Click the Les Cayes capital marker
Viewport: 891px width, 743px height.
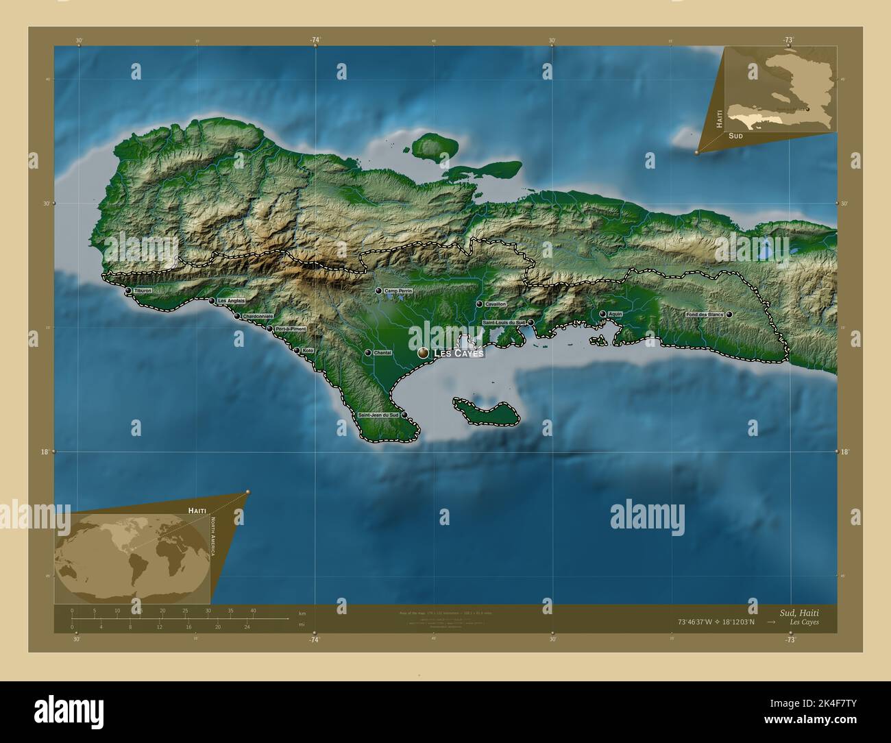[423, 352]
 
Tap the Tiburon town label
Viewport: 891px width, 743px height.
[143, 291]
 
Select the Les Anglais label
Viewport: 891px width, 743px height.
[231, 301]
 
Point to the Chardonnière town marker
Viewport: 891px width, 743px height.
[237, 316]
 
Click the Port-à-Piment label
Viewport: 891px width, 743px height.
[291, 329]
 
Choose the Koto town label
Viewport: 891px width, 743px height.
[308, 350]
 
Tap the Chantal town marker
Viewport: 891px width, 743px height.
[368, 353]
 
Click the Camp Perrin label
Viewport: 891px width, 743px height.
[398, 291]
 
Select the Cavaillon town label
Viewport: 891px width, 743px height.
[495, 304]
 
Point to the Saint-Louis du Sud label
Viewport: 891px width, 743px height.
[504, 322]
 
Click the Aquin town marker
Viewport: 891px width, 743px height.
[602, 314]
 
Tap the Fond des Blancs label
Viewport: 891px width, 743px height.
[705, 315]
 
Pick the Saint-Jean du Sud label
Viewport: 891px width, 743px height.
[378, 415]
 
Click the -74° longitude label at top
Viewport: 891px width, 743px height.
[315, 40]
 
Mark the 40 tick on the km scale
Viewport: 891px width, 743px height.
[253, 610]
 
